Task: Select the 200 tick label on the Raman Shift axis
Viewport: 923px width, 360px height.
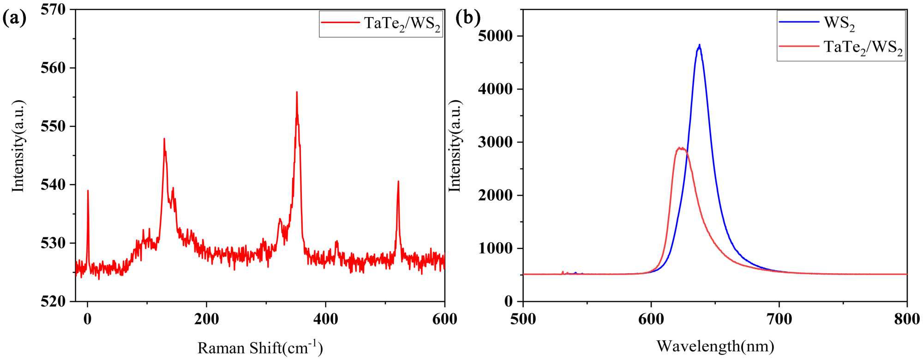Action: (206, 319)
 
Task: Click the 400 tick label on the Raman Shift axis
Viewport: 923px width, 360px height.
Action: (325, 319)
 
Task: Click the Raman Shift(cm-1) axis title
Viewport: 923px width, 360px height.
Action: (260, 347)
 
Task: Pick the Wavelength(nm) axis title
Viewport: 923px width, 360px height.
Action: (715, 346)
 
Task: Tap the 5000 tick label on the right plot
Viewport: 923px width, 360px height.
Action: (496, 36)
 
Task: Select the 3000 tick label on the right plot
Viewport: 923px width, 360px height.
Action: (496, 143)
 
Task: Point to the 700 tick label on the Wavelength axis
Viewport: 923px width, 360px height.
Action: (779, 319)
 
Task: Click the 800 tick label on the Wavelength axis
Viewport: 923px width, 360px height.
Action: (906, 319)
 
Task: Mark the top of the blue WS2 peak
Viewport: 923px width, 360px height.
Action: (700, 45)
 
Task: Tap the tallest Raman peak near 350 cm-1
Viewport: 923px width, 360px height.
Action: (297, 92)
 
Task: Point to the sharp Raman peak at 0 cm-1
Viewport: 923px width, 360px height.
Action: (88, 191)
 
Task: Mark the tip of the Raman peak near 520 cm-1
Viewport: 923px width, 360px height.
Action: (398, 181)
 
